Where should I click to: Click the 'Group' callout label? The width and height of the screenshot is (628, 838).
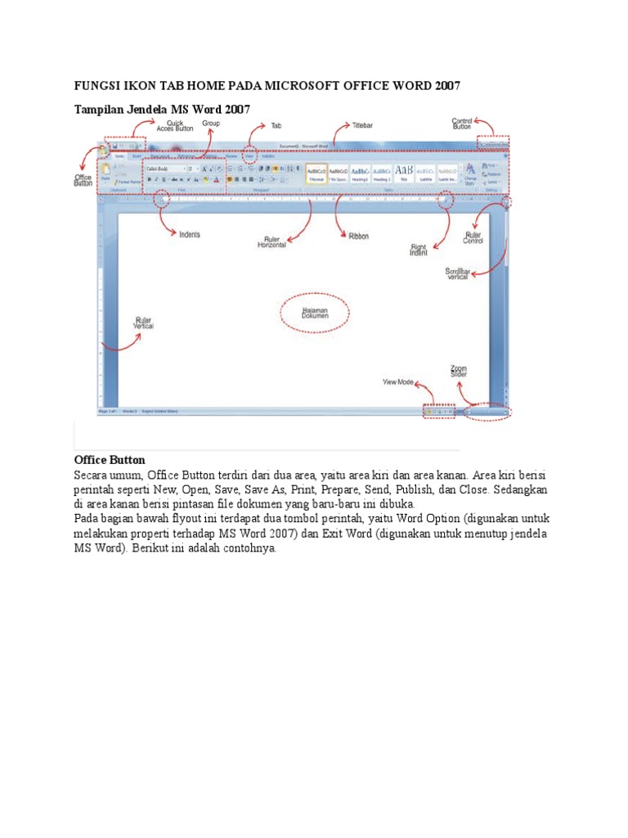211,123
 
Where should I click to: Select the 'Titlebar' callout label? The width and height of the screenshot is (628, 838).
362,126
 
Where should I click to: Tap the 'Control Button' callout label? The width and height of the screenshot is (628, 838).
463,124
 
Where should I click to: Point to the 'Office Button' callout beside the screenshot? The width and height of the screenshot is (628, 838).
83,179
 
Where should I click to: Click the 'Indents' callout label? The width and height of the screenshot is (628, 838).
190,234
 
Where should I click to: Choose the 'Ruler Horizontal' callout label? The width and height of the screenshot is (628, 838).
272,242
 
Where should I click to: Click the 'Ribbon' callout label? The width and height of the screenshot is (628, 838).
359,236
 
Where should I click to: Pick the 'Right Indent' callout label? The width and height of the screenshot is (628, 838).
419,250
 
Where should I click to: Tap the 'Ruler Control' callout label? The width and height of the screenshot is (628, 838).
473,238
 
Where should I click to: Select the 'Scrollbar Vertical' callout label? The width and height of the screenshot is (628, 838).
458,273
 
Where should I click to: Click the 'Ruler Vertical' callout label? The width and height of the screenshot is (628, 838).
143,322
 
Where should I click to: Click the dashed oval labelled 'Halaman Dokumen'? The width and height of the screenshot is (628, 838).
315,313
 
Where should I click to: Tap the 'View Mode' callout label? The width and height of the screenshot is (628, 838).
398,382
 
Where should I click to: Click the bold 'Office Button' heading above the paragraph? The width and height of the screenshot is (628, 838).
110,460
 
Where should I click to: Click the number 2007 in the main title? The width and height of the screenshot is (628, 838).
443,86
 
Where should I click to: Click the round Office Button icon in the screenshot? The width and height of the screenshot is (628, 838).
103,150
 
